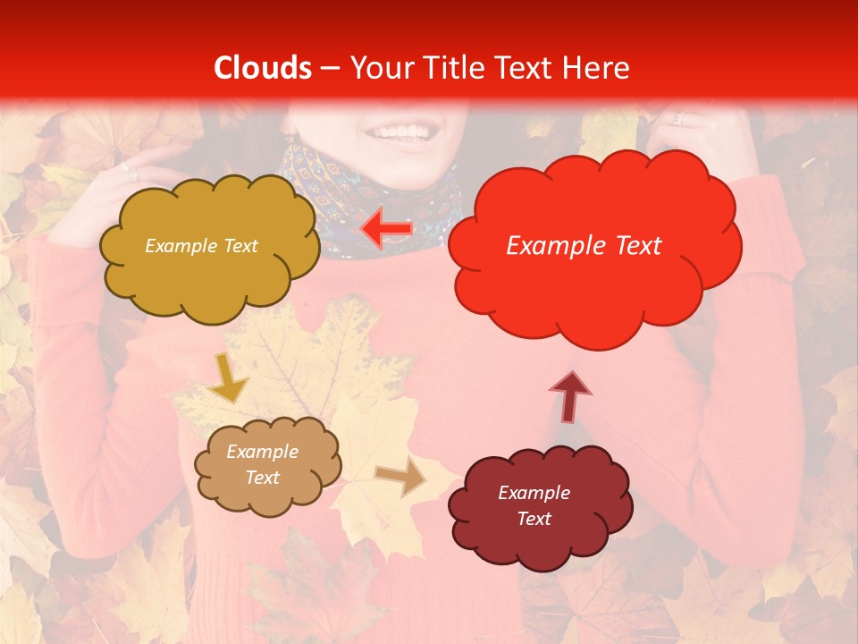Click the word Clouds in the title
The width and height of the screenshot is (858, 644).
point(263,68)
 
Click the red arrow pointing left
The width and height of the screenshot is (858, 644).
point(387,229)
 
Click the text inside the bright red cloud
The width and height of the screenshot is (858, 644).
point(584,246)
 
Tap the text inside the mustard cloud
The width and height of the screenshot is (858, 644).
point(201,246)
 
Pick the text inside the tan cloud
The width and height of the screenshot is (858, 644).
point(263,465)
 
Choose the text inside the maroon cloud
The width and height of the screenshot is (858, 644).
point(534,505)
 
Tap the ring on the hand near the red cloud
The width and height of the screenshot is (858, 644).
point(677,119)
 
